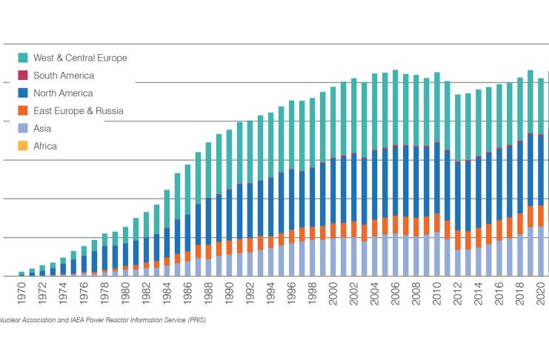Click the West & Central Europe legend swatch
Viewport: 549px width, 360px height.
[23, 58]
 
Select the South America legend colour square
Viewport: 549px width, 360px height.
[23, 76]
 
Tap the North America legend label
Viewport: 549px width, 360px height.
[63, 93]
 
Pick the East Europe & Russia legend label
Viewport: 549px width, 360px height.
[78, 111]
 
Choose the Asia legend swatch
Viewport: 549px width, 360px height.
[23, 129]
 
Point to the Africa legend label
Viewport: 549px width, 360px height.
[45, 147]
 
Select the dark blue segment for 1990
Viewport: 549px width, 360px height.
[229, 215]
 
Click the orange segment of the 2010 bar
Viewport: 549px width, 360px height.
[437, 223]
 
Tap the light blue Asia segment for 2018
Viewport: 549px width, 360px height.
[520, 255]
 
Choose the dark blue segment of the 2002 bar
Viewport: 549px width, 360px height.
[354, 189]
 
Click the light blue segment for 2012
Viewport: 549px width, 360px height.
[458, 262]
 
